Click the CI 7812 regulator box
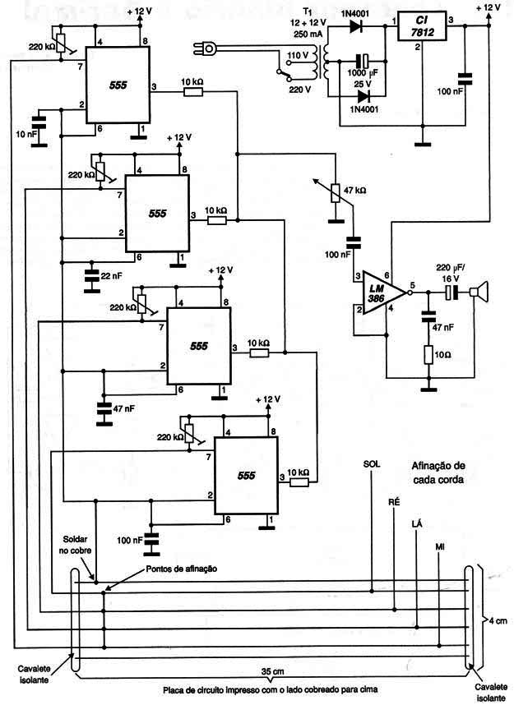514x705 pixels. coord(422,26)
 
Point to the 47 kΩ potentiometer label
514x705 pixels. coord(354,190)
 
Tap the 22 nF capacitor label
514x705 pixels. coord(111,275)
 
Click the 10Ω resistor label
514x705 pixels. coord(442,355)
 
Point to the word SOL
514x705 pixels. coord(372,463)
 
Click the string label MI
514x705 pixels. coord(440,546)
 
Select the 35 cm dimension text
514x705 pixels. coord(273,672)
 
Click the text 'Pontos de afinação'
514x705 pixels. coord(182,569)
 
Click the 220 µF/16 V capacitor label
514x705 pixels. coord(451,273)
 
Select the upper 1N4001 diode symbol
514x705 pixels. coord(356,26)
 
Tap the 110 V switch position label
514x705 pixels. coord(298,56)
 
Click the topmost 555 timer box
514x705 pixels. coord(118,85)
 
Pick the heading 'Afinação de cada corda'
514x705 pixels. coord(438,472)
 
